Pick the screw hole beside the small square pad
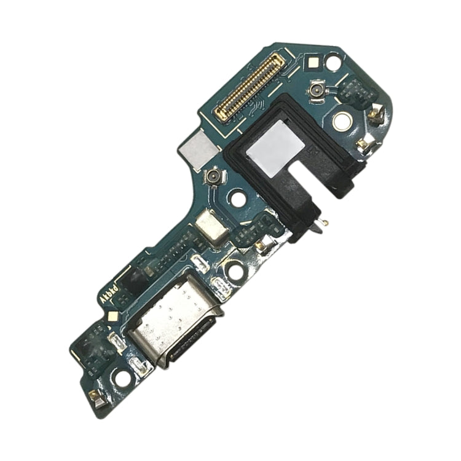click(333, 62)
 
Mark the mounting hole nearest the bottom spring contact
click(124, 378)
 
